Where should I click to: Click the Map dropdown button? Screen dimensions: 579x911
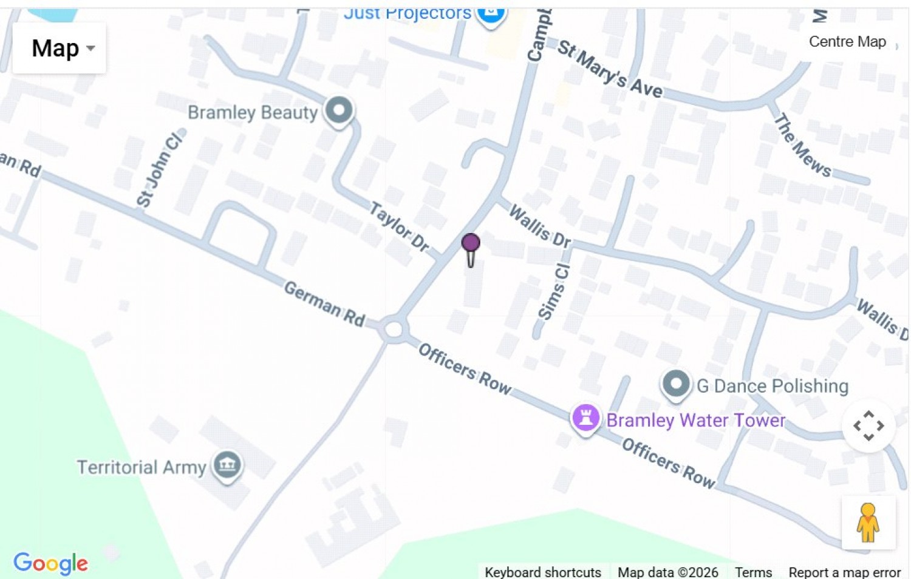(60, 49)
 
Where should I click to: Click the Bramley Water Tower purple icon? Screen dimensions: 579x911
(586, 418)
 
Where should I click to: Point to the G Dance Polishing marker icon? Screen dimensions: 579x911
(675, 384)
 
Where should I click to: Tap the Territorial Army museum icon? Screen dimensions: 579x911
(227, 466)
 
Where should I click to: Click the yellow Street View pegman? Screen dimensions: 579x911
(868, 523)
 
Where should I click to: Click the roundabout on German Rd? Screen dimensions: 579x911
(394, 330)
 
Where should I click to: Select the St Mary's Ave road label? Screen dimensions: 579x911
(610, 69)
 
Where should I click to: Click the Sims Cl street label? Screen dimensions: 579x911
(554, 291)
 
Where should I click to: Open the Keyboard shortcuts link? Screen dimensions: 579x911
(542, 572)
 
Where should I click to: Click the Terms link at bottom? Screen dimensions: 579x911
(753, 572)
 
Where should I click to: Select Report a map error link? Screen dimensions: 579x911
(844, 572)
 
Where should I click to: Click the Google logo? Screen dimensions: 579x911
(51, 563)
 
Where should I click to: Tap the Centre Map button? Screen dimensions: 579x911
(847, 42)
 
